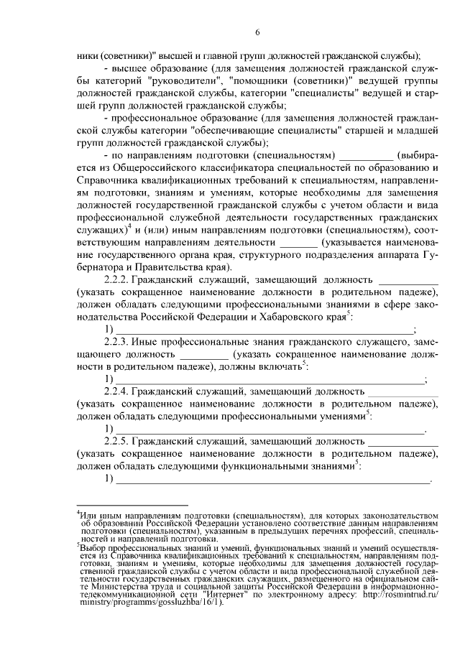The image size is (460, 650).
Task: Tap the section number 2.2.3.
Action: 118,341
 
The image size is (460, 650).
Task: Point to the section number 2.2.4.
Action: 118,391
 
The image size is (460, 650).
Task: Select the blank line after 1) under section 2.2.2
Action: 265,330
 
